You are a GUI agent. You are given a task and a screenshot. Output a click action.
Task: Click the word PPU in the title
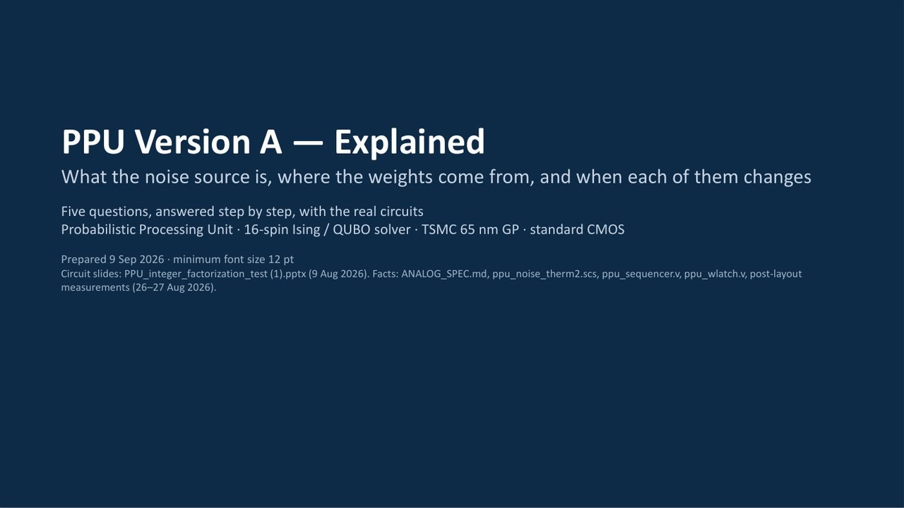coord(93,142)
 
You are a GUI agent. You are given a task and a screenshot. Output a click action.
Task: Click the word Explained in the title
coord(409,143)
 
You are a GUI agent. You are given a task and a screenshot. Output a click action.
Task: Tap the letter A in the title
coord(270,142)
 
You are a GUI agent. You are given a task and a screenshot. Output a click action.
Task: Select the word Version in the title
coord(192,142)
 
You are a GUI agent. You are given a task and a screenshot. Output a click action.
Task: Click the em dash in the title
coord(307,143)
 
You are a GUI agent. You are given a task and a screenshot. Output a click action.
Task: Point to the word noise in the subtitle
coord(167,177)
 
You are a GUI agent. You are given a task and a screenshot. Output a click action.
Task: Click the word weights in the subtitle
coord(400,177)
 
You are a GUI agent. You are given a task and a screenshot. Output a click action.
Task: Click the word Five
coord(73,211)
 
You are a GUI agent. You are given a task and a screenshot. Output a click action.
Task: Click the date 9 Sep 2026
coord(136,259)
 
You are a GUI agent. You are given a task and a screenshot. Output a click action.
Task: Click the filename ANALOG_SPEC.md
coord(444,274)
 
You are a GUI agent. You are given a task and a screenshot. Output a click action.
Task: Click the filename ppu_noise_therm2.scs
coord(545,274)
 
